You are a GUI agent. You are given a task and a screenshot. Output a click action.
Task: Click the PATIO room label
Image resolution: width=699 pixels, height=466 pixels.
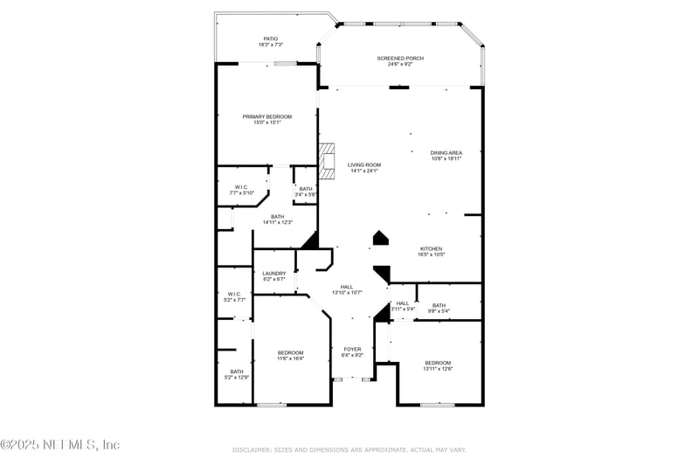(x=271, y=38)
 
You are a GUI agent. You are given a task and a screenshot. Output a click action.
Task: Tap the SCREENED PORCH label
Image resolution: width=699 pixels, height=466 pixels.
(x=400, y=59)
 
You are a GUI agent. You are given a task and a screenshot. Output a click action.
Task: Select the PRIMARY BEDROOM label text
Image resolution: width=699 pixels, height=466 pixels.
(x=267, y=116)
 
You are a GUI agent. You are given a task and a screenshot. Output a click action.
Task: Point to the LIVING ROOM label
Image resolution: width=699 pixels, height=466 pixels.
(x=364, y=164)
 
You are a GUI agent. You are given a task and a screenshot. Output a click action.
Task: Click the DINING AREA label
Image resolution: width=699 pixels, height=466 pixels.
(x=446, y=153)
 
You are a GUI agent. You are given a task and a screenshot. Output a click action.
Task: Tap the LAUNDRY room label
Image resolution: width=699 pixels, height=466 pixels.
(x=274, y=274)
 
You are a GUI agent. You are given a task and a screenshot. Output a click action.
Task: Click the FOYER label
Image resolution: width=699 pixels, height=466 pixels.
(x=351, y=349)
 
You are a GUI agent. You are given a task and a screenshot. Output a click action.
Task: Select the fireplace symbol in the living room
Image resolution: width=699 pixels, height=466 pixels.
(x=327, y=162)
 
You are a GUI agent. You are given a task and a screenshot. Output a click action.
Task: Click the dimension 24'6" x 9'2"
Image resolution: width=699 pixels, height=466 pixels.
(x=400, y=65)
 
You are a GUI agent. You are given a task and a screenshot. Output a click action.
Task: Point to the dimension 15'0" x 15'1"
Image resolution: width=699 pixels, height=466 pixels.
(x=267, y=122)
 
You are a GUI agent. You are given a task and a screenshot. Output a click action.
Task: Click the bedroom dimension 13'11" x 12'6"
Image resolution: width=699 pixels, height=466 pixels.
(x=438, y=369)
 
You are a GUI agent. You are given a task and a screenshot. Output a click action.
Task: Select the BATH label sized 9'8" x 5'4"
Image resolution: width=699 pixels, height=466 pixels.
(x=439, y=305)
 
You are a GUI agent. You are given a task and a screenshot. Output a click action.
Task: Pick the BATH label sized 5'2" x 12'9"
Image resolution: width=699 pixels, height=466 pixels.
(x=237, y=372)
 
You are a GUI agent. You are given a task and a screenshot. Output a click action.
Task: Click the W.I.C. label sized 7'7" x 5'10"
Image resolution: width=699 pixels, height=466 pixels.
(x=240, y=186)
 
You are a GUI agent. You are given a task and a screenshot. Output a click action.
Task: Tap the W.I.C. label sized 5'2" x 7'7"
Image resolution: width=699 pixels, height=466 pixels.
(x=233, y=294)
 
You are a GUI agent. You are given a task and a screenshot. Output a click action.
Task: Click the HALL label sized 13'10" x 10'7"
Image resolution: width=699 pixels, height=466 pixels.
(x=346, y=287)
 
